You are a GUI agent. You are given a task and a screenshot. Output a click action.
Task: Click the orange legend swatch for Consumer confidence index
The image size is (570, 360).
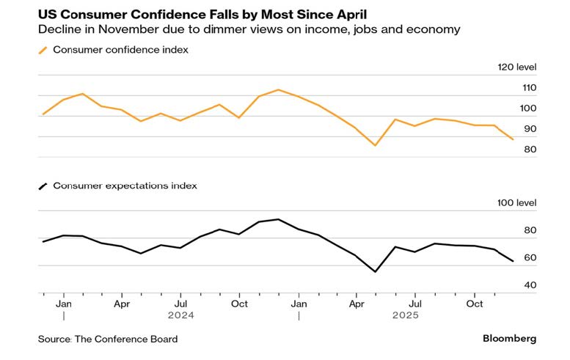(43, 50)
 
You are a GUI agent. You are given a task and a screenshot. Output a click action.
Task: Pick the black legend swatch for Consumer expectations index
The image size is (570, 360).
(43, 185)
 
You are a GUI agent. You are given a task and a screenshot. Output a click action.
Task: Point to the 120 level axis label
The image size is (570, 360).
(518, 67)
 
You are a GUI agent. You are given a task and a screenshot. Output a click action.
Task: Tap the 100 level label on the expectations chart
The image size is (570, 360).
(518, 203)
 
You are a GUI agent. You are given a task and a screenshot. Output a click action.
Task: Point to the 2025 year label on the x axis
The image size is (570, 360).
(405, 315)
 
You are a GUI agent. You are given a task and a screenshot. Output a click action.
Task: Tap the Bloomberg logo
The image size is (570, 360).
(509, 339)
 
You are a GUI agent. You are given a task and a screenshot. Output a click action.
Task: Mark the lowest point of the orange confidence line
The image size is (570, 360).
(376, 145)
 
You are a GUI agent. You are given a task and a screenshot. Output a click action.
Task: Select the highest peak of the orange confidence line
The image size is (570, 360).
(278, 89)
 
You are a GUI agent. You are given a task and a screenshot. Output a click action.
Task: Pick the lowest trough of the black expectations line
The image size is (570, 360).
(376, 272)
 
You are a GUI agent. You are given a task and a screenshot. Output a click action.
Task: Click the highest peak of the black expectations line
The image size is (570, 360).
(278, 219)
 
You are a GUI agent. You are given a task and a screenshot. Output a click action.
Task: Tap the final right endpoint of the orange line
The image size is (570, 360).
(513, 139)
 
